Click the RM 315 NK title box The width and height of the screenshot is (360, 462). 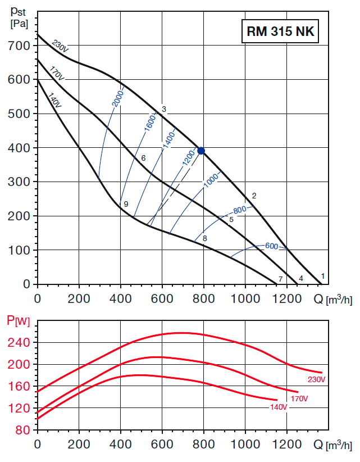pyautogui.click(x=281, y=32)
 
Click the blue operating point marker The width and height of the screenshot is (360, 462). pyautogui.click(x=201, y=151)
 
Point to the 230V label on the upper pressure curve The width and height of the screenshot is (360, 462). pyautogui.click(x=60, y=45)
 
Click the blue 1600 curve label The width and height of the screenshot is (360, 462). pyautogui.click(x=149, y=123)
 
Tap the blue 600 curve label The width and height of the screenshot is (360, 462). pyautogui.click(x=272, y=246)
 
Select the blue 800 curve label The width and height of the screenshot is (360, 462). pyautogui.click(x=240, y=211)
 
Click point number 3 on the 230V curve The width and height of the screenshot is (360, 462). pyautogui.click(x=164, y=109)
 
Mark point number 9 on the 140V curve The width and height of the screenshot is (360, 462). pyautogui.click(x=126, y=203)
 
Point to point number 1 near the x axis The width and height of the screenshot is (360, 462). pyautogui.click(x=323, y=276)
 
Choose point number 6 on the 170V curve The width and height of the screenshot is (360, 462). pyautogui.click(x=143, y=158)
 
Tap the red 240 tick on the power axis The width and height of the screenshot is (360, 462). pyautogui.click(x=21, y=342)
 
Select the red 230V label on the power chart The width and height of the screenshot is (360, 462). pyautogui.click(x=317, y=379)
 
